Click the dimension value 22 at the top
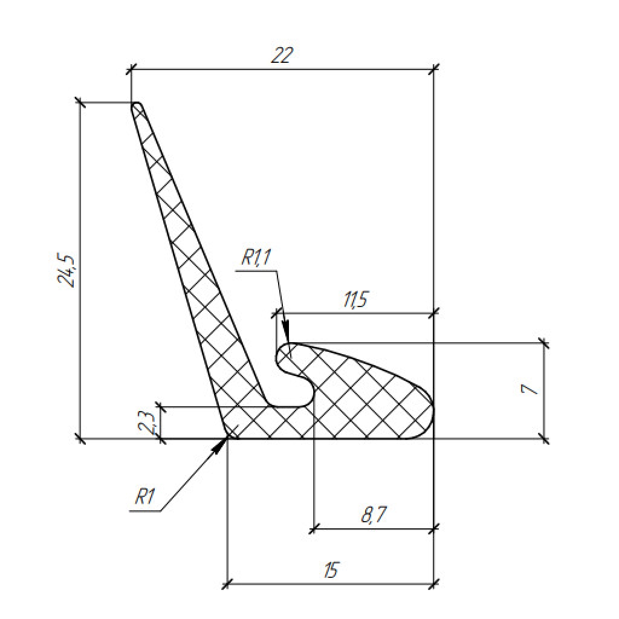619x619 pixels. click(282, 55)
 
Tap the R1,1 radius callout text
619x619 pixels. click(256, 258)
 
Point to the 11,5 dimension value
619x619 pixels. click(355, 300)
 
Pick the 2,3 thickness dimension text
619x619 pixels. click(148, 422)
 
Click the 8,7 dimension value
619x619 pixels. click(374, 515)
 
